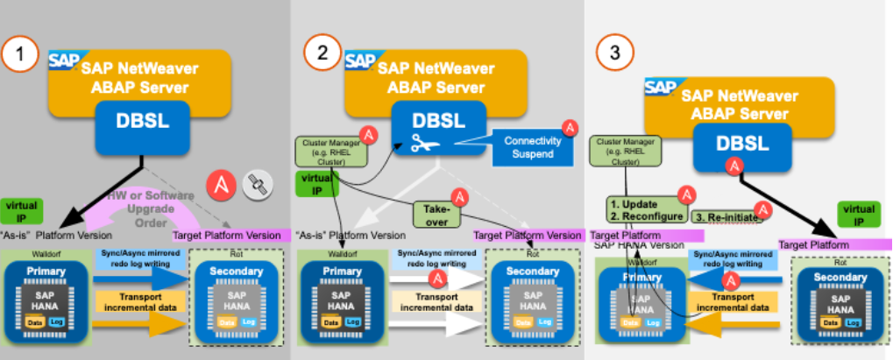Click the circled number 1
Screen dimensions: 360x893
pyautogui.click(x=19, y=56)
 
